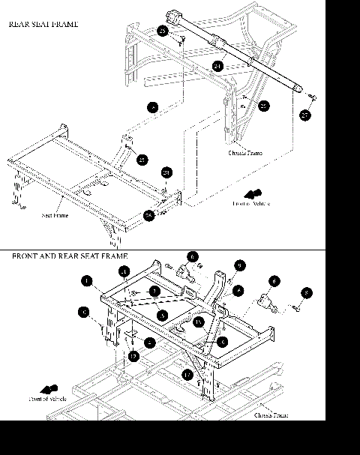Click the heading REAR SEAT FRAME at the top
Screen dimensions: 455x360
(43, 24)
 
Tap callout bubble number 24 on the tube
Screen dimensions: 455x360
(217, 67)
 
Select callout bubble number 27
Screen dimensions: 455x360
(305, 115)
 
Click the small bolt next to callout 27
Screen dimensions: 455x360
(312, 97)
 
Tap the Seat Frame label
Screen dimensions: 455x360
(56, 215)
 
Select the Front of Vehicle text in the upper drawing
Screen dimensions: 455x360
(251, 203)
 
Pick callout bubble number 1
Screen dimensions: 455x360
(88, 281)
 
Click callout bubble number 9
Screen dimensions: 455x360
(239, 265)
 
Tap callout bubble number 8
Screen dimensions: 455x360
(307, 292)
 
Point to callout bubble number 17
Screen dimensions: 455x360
(187, 373)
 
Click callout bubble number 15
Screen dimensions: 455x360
(198, 322)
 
